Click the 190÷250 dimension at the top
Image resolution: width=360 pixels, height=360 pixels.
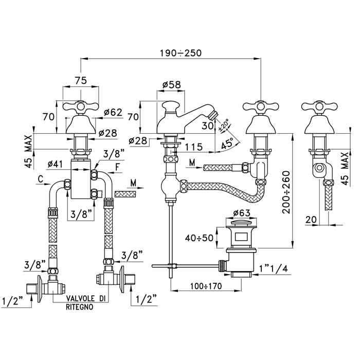(181, 53)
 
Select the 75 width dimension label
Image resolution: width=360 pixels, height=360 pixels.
(81, 81)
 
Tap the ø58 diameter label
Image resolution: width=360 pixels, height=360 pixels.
(171, 85)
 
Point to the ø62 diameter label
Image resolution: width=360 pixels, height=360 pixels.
(113, 113)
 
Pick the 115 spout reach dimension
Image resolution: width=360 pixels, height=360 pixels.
(194, 147)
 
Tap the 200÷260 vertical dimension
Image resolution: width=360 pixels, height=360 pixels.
(286, 192)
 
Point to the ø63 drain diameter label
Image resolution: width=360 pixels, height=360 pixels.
(242, 213)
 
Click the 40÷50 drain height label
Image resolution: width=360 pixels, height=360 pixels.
(200, 238)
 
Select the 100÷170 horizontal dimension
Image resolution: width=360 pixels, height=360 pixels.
(206, 286)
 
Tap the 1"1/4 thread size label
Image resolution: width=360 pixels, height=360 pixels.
(274, 268)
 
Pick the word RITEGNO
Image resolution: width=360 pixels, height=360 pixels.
(79, 307)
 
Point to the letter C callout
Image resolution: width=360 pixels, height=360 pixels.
(41, 179)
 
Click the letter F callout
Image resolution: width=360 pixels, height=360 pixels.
(118, 167)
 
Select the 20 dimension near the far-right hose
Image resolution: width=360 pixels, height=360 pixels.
(311, 220)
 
